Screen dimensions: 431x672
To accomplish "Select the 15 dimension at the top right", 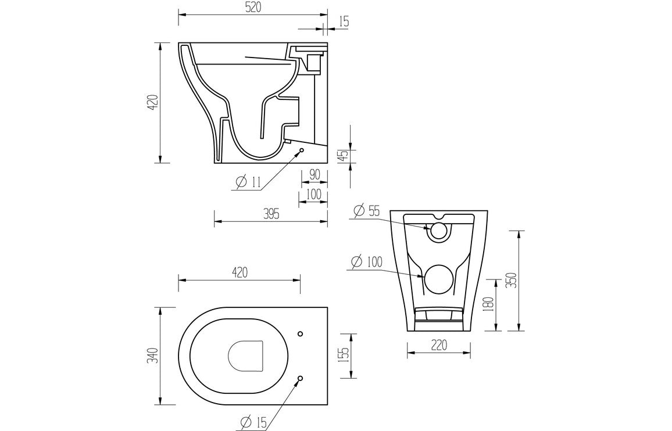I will pos(343,22).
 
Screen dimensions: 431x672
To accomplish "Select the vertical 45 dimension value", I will pos(343,156).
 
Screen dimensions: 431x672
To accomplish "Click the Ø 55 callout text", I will pos(366,211).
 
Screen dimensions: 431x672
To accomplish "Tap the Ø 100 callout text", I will pos(367,262).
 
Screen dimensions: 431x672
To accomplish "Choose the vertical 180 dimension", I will pos(488,303).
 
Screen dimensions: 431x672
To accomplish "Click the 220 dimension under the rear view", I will pos(438,345).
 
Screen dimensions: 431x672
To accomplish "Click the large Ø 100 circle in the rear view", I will pos(438,278).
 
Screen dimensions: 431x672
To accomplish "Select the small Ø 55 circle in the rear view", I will pos(438,231).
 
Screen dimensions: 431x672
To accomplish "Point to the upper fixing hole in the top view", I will pos(301,333).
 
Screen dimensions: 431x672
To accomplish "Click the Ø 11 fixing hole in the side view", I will pos(302,151).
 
